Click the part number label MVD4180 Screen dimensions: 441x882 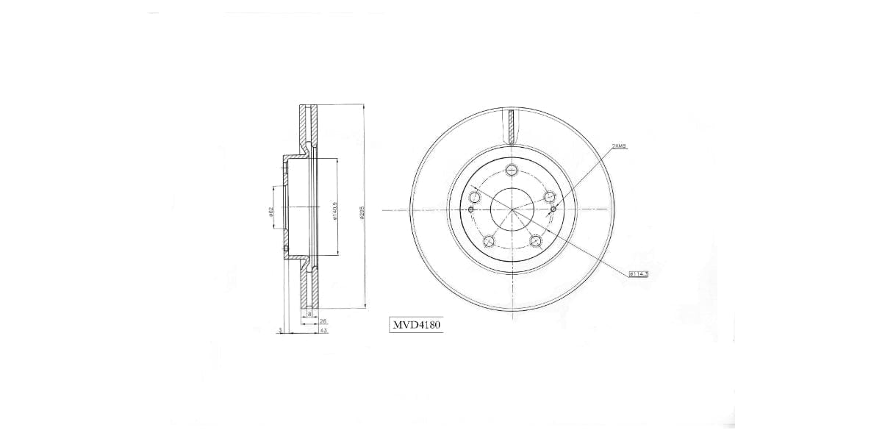pos(416,323)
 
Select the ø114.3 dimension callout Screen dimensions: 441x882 pos(638,273)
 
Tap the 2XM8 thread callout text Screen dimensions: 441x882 pos(619,146)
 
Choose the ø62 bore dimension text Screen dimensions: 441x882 pos(271,212)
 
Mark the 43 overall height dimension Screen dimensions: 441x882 pos(323,331)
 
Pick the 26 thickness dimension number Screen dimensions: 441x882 pos(323,322)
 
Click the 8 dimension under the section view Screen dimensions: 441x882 pos(309,315)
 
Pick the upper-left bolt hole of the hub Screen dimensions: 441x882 pos(474,197)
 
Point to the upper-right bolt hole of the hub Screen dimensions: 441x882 pos(549,197)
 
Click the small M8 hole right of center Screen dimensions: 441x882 pos(553,209)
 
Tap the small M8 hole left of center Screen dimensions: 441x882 pos(470,209)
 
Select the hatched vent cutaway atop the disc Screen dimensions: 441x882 pos(512,126)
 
